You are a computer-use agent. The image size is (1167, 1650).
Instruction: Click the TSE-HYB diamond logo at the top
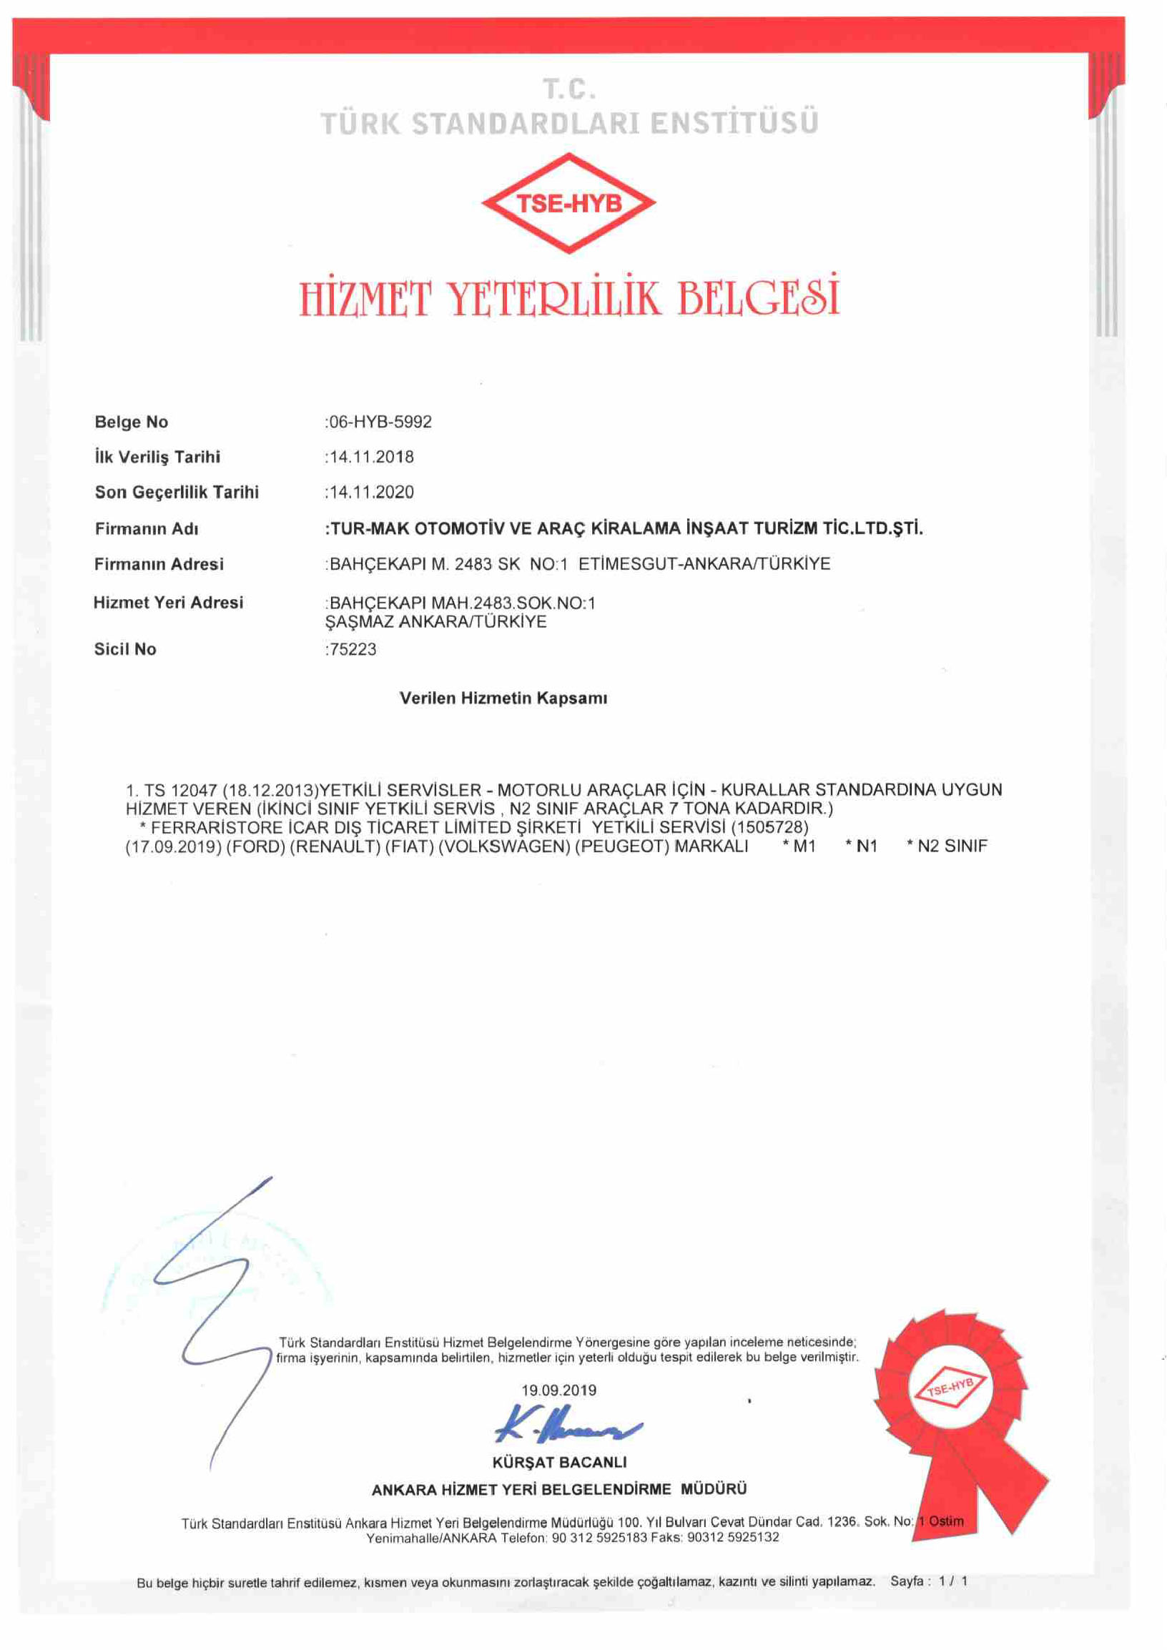point(568,203)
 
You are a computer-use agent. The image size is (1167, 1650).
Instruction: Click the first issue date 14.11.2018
point(371,457)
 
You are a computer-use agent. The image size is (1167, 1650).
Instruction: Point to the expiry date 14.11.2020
point(371,493)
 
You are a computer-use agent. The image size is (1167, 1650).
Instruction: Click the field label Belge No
point(132,422)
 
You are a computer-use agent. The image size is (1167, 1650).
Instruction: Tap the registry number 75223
point(352,649)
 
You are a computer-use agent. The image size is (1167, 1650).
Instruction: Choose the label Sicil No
point(125,649)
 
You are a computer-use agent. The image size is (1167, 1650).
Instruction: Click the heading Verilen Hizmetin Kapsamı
point(503,698)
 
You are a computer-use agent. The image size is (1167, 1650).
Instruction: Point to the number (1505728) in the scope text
point(769,827)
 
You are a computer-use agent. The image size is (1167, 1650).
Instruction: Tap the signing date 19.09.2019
point(558,1390)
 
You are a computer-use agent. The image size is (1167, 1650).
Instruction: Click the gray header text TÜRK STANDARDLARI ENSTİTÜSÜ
point(569,123)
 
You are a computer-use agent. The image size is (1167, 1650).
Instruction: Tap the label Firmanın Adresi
point(159,564)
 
